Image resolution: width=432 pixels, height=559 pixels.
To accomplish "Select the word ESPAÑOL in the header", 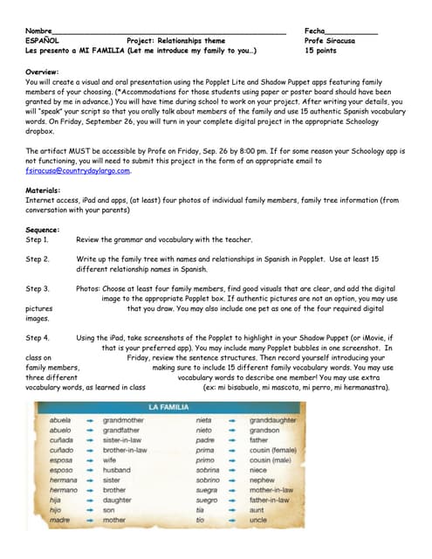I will (x=43, y=40).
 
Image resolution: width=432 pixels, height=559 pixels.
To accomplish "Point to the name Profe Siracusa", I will (x=330, y=40).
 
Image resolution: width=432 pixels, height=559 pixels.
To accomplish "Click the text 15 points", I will (x=320, y=51).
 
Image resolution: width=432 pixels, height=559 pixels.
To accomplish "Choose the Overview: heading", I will (x=43, y=71).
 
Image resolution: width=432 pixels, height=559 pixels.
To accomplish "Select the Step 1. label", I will (x=38, y=238).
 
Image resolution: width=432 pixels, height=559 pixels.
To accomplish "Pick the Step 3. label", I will (x=38, y=288).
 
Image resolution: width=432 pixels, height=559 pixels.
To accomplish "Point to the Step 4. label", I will (x=38, y=337).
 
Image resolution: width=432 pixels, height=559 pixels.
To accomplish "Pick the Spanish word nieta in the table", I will (x=203, y=420).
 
